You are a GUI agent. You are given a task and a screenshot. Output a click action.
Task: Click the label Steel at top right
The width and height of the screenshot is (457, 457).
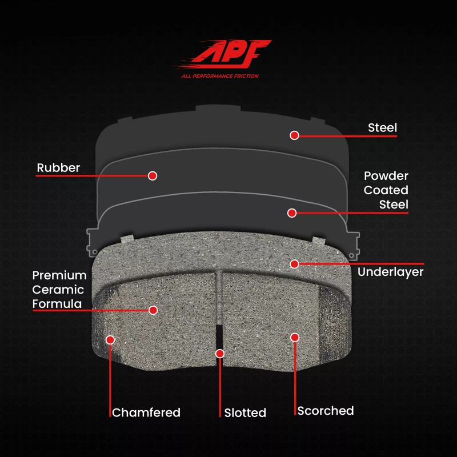point(382,127)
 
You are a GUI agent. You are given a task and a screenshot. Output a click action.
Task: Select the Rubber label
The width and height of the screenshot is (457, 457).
point(58,168)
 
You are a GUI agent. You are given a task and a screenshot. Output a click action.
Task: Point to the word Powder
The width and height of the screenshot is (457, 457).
point(386,176)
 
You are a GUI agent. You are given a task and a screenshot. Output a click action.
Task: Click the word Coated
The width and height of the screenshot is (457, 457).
point(386,190)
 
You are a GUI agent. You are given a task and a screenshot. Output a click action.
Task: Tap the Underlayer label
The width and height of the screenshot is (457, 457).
point(390,272)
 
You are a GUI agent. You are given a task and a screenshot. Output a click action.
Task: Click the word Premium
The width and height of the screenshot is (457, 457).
point(59,275)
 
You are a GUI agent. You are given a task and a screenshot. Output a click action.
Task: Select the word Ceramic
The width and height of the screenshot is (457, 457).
point(58,290)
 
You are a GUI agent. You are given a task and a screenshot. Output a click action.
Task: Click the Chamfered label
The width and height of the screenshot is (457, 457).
point(146,412)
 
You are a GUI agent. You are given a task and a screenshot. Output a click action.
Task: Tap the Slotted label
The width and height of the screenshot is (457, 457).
point(245,412)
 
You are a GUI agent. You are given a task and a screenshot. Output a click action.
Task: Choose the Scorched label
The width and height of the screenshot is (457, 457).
point(326,411)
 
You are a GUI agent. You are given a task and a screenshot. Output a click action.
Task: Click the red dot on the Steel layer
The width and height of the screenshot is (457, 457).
point(294,135)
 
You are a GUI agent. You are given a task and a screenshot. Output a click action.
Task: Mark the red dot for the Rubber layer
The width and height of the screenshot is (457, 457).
point(153,176)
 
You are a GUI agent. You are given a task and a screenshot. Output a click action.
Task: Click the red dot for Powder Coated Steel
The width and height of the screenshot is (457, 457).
point(292,213)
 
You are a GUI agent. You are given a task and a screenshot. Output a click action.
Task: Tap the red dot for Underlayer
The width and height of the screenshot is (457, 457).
point(294,264)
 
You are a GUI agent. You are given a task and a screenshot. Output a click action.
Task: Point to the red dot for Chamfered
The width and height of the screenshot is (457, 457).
point(110,340)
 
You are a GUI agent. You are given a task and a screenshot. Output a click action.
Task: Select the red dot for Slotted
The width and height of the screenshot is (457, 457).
point(220,354)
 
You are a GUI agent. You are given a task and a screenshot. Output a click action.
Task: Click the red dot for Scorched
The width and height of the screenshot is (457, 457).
point(295,338)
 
